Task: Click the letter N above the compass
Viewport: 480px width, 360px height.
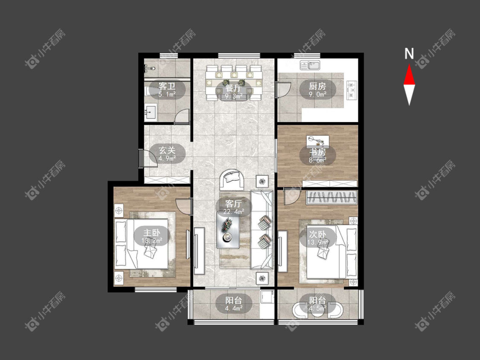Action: [x=409, y=54]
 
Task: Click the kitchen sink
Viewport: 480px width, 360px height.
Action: [x=310, y=66]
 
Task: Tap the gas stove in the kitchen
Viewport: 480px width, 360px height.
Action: [x=352, y=90]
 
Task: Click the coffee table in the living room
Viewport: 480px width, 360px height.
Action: [x=228, y=230]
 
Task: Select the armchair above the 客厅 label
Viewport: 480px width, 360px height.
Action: [x=232, y=180]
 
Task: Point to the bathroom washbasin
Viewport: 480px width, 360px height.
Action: [x=151, y=113]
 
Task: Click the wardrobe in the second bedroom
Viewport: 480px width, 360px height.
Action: [x=332, y=197]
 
